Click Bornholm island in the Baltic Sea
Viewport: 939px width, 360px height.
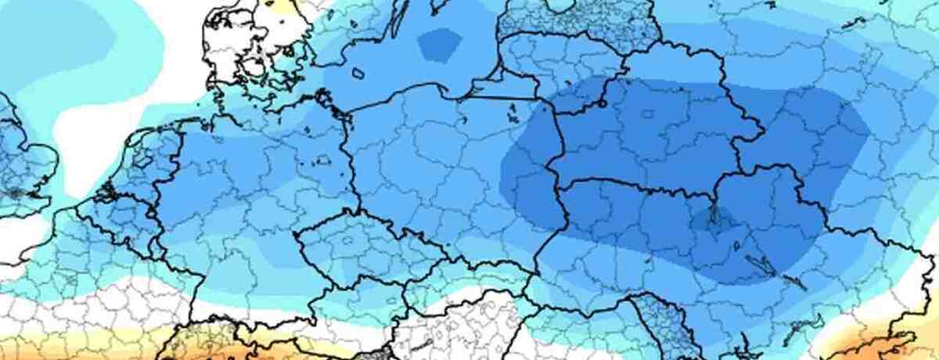(x=358, y=74)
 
